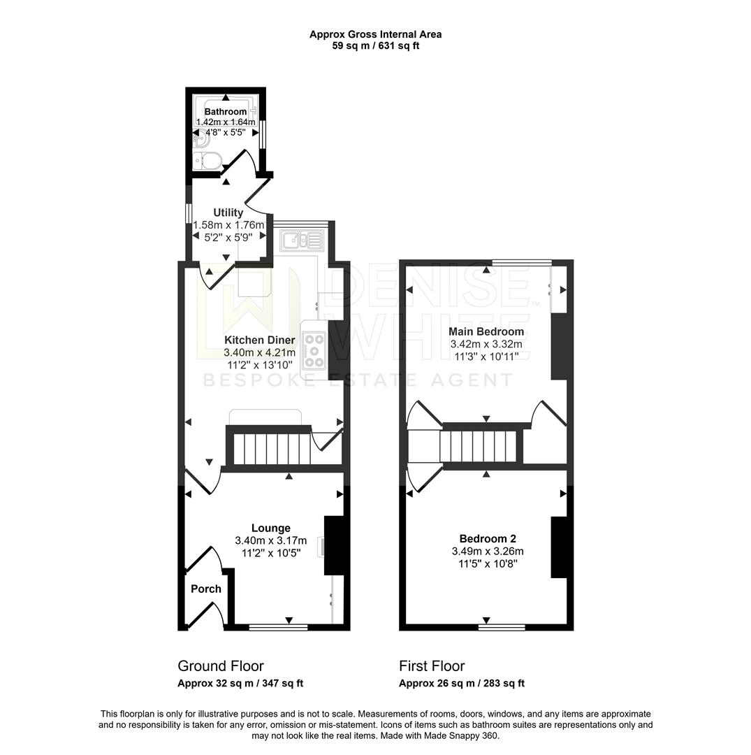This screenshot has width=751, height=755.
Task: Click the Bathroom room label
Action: click(x=225, y=112)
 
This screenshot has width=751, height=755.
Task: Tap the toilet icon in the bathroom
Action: click(x=207, y=160)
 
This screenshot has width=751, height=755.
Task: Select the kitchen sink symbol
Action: click(x=301, y=241)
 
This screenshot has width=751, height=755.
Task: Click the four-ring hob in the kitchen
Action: click(x=314, y=350)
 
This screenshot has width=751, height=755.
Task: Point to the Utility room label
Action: click(x=228, y=213)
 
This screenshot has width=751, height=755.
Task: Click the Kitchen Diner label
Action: click(x=259, y=340)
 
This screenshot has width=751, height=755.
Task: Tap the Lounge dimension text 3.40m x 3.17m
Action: click(x=271, y=540)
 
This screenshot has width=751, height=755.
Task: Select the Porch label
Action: click(x=206, y=589)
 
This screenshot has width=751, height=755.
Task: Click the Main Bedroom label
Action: click(x=487, y=331)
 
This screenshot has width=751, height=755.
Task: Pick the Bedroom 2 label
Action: click(x=488, y=539)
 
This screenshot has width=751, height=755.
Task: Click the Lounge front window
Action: click(x=278, y=628)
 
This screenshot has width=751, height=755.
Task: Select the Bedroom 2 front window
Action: click(x=502, y=628)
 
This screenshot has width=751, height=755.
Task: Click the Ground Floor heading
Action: click(x=221, y=666)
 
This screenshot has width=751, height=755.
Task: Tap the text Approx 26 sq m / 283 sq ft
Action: click(x=461, y=684)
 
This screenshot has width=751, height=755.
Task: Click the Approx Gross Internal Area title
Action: click(x=375, y=34)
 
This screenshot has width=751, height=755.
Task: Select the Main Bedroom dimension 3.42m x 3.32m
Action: click(x=487, y=344)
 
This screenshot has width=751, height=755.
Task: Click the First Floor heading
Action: click(x=431, y=666)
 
